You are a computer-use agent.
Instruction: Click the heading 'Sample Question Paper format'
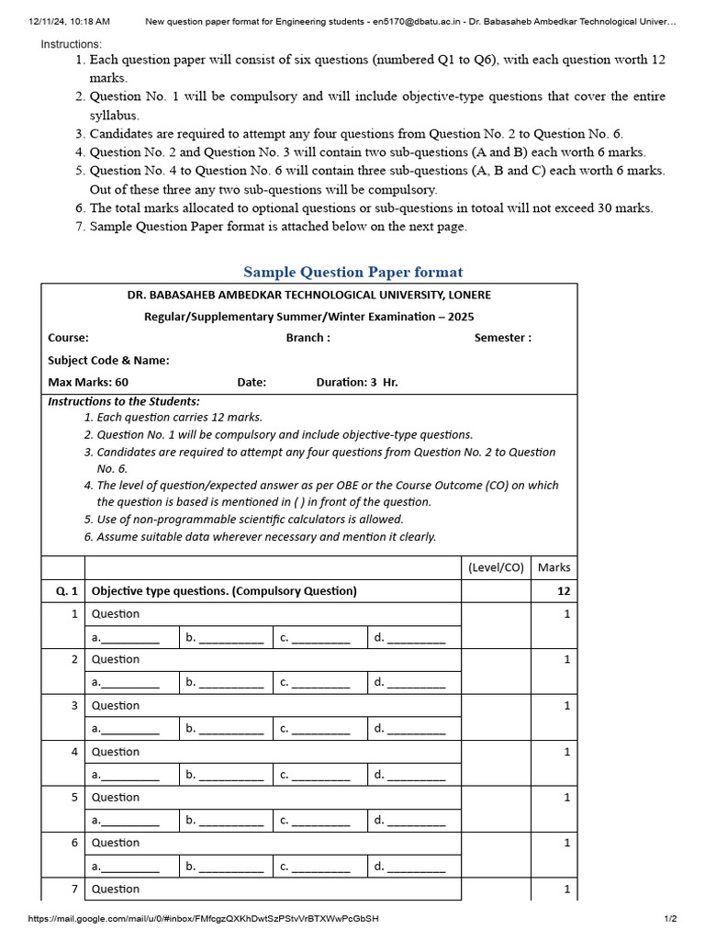pyautogui.click(x=352, y=272)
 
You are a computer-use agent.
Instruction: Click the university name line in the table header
pyautogui.click(x=308, y=295)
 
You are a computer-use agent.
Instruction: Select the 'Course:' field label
pyautogui.click(x=68, y=338)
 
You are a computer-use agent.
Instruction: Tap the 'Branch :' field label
pyautogui.click(x=308, y=338)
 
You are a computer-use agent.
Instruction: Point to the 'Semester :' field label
pyautogui.click(x=502, y=338)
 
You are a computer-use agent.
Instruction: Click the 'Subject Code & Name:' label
pyautogui.click(x=108, y=360)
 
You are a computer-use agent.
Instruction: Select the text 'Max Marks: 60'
pyautogui.click(x=88, y=382)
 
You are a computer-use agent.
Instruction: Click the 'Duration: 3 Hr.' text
pyautogui.click(x=357, y=382)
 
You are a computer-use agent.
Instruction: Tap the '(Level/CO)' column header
pyautogui.click(x=496, y=567)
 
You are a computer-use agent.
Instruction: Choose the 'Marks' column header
pyautogui.click(x=554, y=567)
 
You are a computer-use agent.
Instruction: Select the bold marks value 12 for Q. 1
pyautogui.click(x=564, y=591)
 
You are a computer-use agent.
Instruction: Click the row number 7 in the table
pyautogui.click(x=73, y=889)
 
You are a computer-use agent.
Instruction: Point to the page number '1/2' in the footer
pyautogui.click(x=670, y=919)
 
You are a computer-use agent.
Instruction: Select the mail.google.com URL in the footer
pyautogui.click(x=203, y=919)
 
